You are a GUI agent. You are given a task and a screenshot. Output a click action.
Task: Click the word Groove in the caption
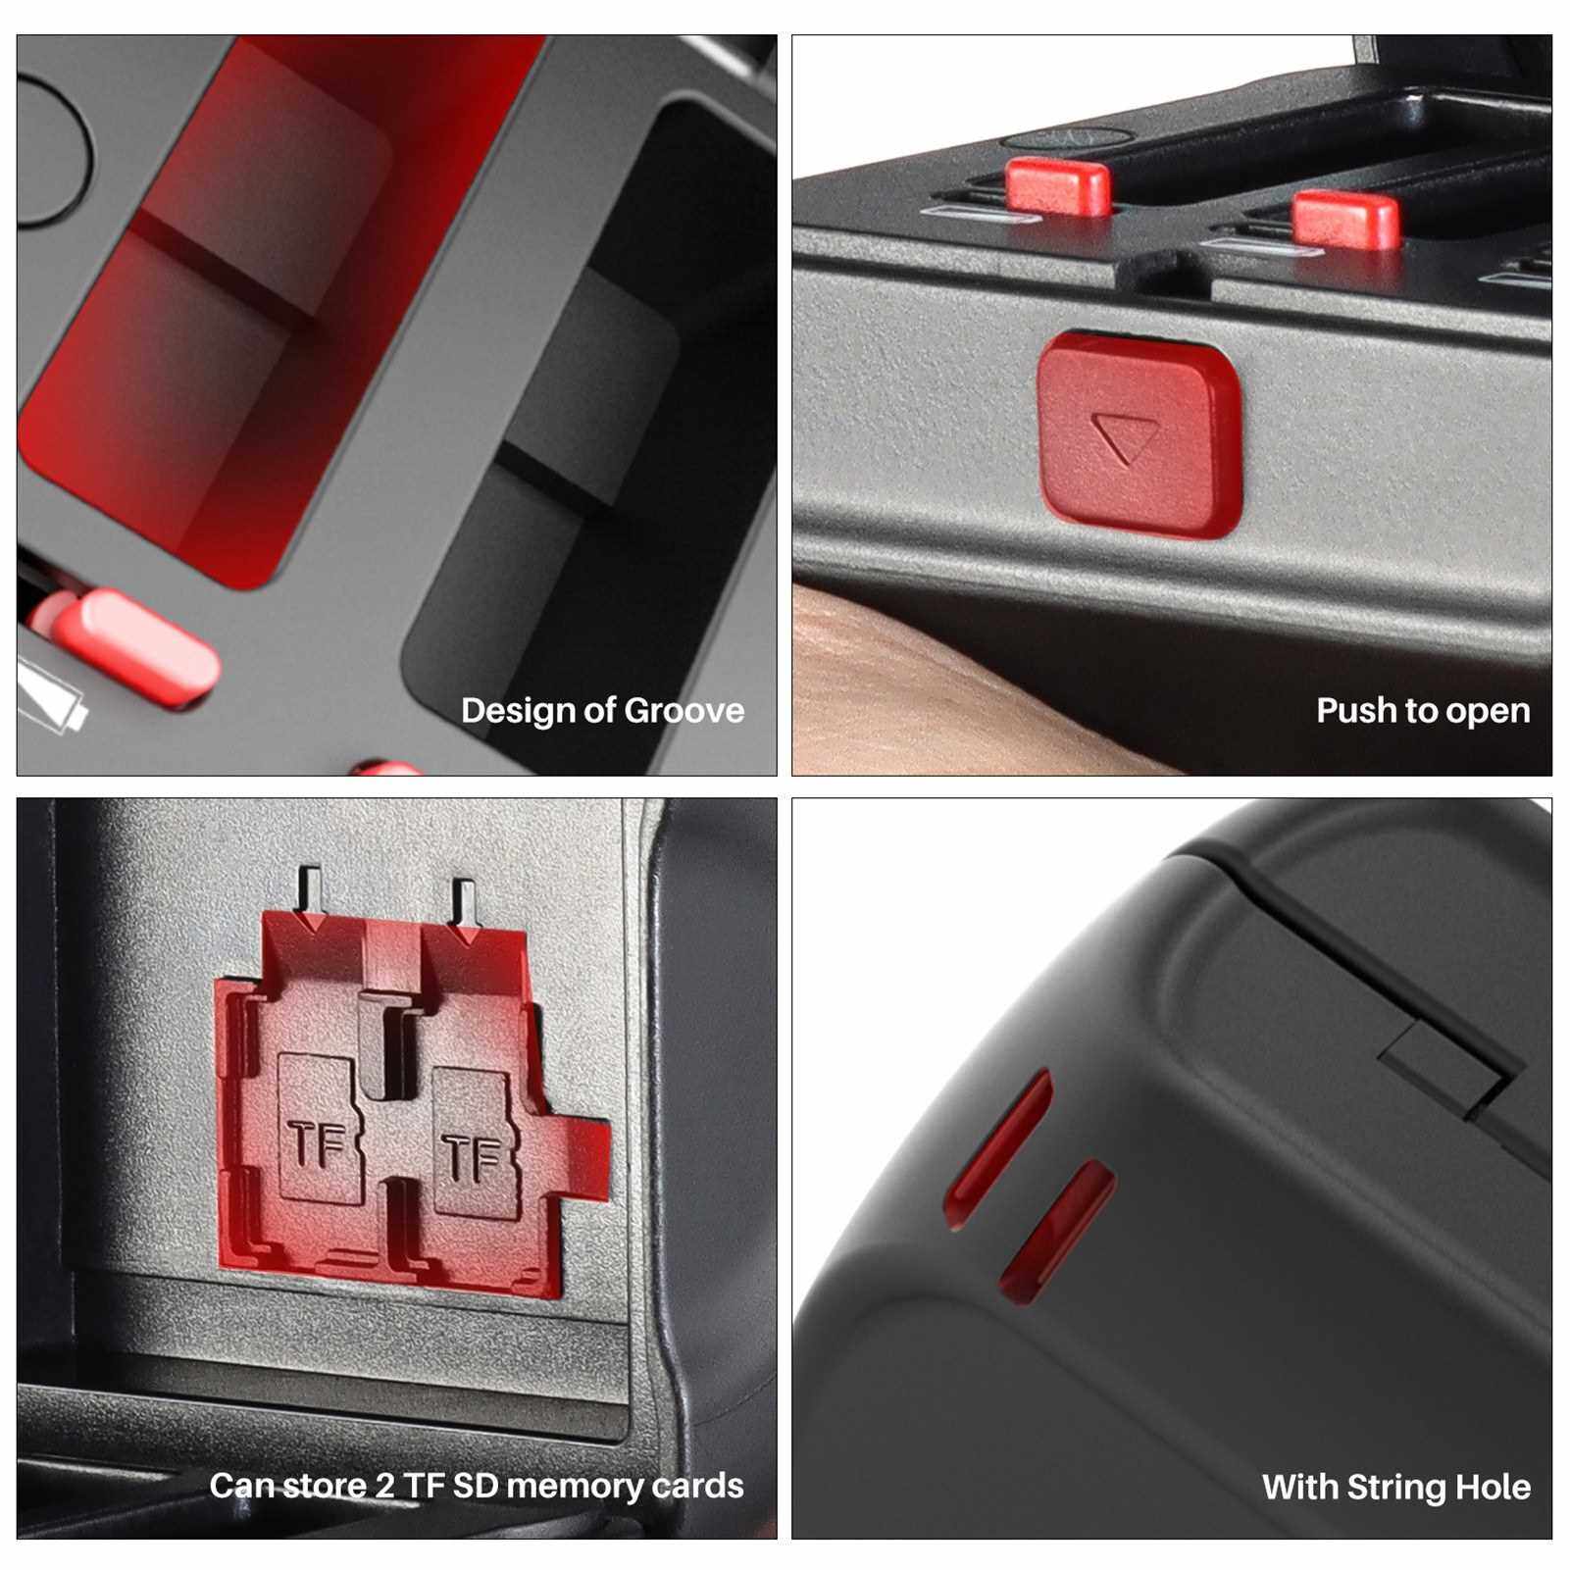(x=684, y=710)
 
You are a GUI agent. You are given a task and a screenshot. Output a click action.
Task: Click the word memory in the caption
(x=575, y=1488)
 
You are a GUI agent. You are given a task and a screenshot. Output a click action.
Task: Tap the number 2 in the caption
(x=385, y=1486)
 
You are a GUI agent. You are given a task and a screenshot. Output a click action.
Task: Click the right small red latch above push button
(x=1345, y=219)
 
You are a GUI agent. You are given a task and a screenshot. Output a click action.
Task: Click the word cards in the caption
(x=698, y=1486)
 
